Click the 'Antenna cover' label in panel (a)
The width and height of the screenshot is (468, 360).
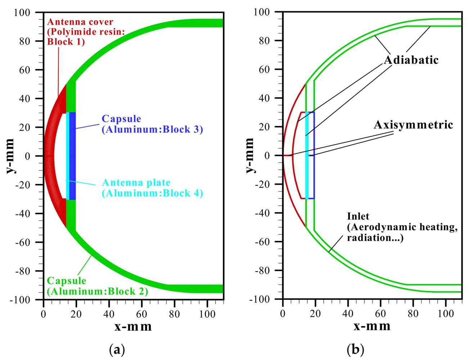(x=80, y=22)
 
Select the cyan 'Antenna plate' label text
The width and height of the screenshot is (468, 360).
(x=136, y=183)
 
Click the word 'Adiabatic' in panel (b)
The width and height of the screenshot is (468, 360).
(x=411, y=60)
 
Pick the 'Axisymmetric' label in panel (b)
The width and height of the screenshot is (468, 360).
(x=413, y=125)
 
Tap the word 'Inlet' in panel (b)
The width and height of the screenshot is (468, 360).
(x=358, y=216)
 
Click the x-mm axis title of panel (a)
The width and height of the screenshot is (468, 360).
(x=133, y=327)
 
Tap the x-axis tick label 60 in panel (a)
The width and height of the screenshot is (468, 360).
(x=141, y=314)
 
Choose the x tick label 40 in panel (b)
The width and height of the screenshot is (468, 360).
(x=348, y=314)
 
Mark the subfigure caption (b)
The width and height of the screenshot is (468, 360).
(x=355, y=350)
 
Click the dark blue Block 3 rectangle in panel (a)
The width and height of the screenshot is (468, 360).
(x=72, y=156)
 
